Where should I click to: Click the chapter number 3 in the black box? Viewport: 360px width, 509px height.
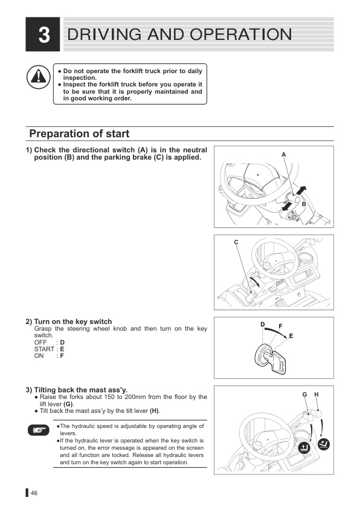point(43,35)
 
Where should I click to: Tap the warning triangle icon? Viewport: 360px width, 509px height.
point(37,77)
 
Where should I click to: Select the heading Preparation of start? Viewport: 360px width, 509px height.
point(79,134)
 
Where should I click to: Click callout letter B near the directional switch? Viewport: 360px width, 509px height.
point(304,205)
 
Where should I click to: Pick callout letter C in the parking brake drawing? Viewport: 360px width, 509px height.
point(236,242)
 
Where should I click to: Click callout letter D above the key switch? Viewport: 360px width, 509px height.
point(263,325)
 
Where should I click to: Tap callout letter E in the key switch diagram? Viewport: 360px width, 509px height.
point(291,336)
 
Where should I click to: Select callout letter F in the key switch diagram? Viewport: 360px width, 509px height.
point(280,327)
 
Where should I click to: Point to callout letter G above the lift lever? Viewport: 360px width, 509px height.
point(304,395)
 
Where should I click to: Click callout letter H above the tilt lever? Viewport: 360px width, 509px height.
point(317,395)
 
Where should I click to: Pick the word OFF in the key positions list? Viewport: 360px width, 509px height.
point(40,342)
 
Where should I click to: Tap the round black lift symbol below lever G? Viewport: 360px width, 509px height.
point(305,449)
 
